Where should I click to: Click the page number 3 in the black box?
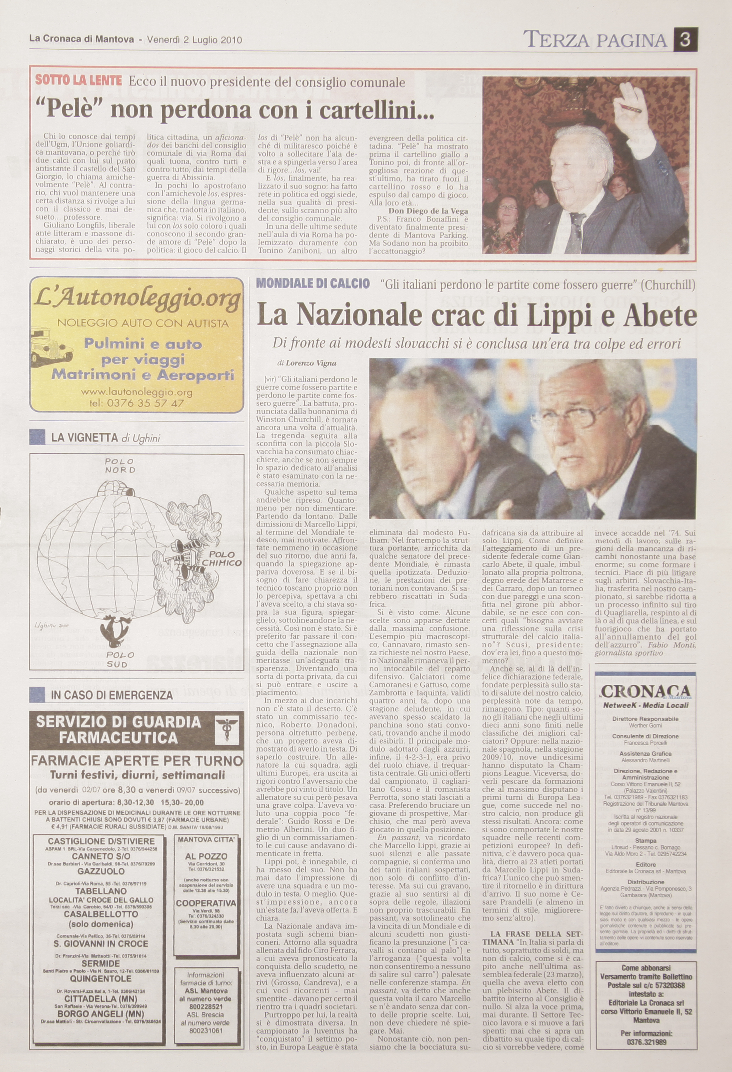click(685, 40)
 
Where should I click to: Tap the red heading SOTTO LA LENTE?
click(79, 80)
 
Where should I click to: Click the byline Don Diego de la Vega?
click(422, 211)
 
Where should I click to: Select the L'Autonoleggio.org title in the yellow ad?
click(137, 300)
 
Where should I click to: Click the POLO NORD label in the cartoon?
click(120, 465)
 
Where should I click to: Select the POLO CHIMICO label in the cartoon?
click(221, 559)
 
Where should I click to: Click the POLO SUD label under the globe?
click(119, 659)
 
